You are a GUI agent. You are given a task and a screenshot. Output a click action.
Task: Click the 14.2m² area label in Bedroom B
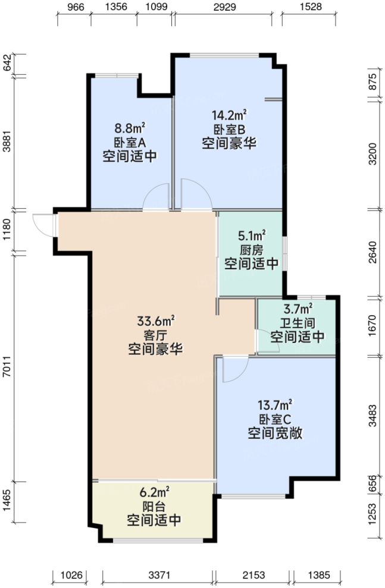[x=230, y=115]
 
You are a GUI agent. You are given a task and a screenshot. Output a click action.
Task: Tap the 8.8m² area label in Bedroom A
[x=130, y=127]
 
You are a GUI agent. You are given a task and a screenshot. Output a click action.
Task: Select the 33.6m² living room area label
[x=155, y=322]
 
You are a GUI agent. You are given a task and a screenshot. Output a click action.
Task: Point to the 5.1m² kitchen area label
[x=252, y=236]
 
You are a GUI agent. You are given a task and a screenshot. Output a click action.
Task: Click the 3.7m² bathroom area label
[x=298, y=309]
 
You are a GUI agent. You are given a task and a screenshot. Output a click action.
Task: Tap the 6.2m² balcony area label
[x=154, y=492]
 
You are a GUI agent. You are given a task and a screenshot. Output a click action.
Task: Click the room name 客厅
[x=155, y=335]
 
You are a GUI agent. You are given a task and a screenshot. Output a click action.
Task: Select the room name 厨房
[x=252, y=250]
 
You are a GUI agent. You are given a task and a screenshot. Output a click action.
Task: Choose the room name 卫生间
[x=298, y=323]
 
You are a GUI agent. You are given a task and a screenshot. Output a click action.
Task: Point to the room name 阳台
[x=154, y=507]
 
